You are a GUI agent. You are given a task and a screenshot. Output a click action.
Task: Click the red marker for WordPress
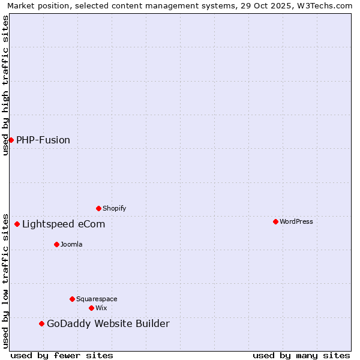pyautogui.click(x=275, y=221)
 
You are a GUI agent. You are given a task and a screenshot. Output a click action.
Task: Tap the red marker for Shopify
pyautogui.click(x=98, y=208)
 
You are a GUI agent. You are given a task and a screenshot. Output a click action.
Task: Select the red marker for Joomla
pyautogui.click(x=56, y=244)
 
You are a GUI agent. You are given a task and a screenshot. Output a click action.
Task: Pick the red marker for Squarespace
pyautogui.click(x=72, y=299)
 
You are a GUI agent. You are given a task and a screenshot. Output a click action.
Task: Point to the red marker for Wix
pyautogui.click(x=91, y=308)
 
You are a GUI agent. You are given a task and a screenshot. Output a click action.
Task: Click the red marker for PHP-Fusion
pyautogui.click(x=11, y=140)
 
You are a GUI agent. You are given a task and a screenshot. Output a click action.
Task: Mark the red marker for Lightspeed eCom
pyautogui.click(x=17, y=224)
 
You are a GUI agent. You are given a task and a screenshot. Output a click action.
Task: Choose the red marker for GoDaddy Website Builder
pyautogui.click(x=41, y=323)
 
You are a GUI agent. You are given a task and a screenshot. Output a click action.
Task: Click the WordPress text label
pyautogui.click(x=296, y=221)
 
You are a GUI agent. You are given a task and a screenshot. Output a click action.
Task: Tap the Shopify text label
pyautogui.click(x=115, y=208)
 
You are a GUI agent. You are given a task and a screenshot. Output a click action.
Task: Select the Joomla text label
pyautogui.click(x=71, y=244)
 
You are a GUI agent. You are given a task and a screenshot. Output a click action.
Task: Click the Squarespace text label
pyautogui.click(x=97, y=299)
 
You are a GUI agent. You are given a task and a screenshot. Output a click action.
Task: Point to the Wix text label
pyautogui.click(x=101, y=308)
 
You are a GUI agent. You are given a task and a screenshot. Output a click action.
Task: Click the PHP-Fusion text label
pyautogui.click(x=43, y=140)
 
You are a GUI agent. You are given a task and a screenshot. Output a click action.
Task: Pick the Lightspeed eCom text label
pyautogui.click(x=64, y=224)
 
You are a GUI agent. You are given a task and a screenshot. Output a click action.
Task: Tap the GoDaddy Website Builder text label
pyautogui.click(x=108, y=324)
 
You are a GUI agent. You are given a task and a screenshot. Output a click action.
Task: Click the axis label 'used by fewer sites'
pyautogui.click(x=62, y=355)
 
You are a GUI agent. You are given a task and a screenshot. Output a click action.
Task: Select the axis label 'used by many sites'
pyautogui.click(x=301, y=355)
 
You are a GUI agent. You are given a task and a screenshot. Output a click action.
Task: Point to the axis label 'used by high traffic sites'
pyautogui.click(x=5, y=85)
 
